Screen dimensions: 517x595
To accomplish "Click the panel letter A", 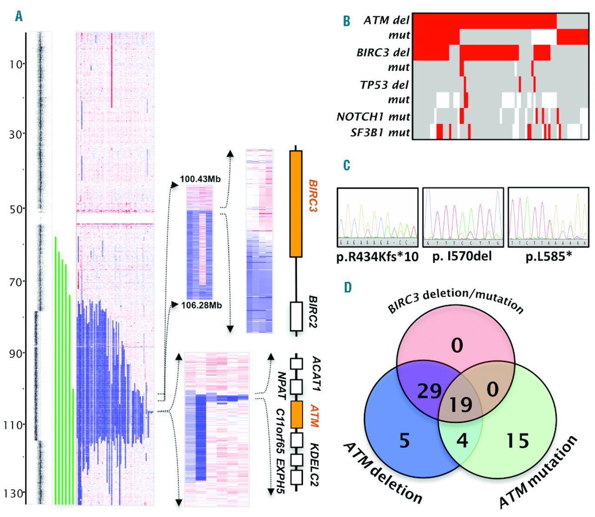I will tap(19, 17).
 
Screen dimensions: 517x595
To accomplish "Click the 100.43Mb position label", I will tap(200, 179).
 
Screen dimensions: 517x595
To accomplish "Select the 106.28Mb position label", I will tap(201, 305).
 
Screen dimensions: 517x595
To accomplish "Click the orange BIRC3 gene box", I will tap(296, 203).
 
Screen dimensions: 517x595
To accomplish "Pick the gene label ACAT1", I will tap(316, 374).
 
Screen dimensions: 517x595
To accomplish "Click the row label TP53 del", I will tap(384, 85).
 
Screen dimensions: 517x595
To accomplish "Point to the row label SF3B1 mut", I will tap(380, 133).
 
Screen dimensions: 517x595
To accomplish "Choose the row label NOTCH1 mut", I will tap(373, 116).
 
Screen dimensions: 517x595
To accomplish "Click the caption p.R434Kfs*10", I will tap(377, 257).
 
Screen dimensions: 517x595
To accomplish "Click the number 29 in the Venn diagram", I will tap(429, 391).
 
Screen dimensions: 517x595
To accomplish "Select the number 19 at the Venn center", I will tap(461, 404).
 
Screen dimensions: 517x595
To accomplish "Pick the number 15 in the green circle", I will tap(517, 441).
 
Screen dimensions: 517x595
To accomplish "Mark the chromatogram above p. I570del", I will tap(463, 217).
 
